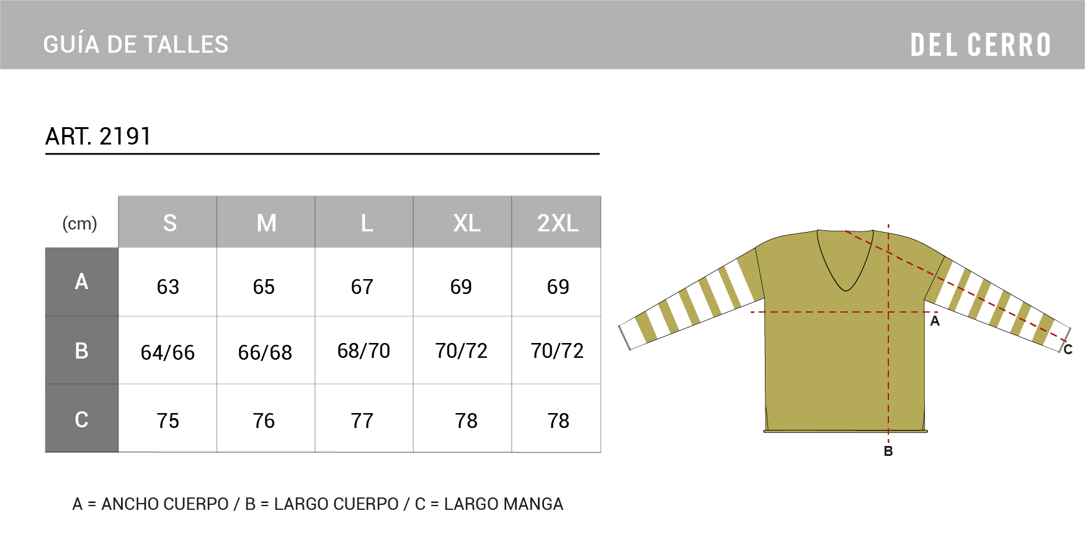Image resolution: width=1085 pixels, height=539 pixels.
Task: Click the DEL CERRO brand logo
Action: [980, 45]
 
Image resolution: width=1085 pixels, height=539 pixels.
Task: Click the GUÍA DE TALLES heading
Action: [136, 45]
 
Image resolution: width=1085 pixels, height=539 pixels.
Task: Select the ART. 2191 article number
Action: [98, 136]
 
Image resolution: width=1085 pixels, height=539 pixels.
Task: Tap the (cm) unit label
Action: [80, 223]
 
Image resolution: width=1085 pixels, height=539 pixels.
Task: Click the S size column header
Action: [169, 223]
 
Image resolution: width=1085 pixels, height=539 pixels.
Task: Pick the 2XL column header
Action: [558, 223]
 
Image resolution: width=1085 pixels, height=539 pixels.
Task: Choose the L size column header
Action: [367, 223]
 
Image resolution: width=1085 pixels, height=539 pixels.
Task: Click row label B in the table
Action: [81, 351]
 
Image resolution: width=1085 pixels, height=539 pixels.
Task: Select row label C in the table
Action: [81, 420]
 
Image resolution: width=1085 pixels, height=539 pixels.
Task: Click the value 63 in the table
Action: [167, 287]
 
